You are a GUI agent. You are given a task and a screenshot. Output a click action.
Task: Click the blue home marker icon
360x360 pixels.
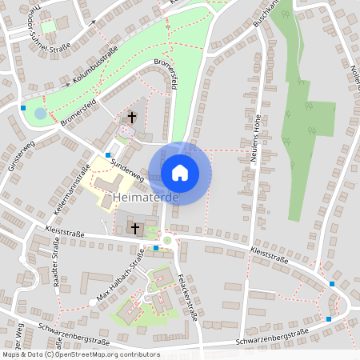pos(179,172)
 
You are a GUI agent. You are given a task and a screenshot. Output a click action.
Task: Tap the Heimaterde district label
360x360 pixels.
pos(145,197)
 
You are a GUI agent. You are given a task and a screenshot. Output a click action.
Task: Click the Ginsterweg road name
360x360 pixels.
pos(22,156)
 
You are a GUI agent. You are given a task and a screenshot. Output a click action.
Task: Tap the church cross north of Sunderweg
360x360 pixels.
pos(131,118)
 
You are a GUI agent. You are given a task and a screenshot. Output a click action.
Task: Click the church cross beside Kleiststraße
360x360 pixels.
pos(135,229)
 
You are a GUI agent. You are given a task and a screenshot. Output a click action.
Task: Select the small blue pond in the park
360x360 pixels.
pos(40,113)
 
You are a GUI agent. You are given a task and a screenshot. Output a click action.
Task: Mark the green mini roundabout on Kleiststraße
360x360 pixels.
pos(167,239)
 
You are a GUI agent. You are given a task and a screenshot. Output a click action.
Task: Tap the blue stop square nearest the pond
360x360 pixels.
pos(24,107)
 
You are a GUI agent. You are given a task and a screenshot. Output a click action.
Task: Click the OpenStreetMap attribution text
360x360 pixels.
pos(81,354)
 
